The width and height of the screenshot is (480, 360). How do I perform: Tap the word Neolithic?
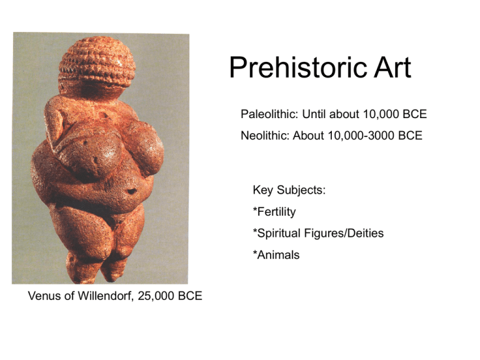point(265,135)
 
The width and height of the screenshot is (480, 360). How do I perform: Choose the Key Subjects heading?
point(289,190)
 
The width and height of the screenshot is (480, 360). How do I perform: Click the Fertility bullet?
point(274,212)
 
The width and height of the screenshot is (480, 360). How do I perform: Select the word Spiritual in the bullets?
point(277,233)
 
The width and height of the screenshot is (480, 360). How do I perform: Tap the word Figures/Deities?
point(344,233)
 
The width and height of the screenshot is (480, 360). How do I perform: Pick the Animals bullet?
point(276,255)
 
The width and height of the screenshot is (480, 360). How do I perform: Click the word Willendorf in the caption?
point(106,296)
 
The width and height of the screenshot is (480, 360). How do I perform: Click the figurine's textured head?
point(97,62)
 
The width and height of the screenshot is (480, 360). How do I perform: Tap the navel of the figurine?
point(132,191)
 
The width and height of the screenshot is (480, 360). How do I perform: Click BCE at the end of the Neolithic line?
point(410,135)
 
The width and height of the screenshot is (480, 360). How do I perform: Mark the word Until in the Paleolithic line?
point(314,114)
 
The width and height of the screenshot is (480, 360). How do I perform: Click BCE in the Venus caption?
point(190,296)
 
